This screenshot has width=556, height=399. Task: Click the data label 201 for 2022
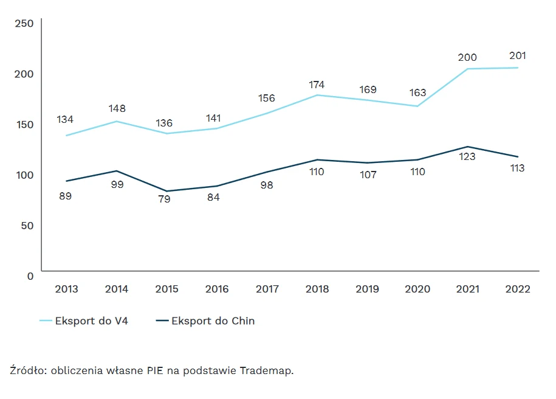click(518, 56)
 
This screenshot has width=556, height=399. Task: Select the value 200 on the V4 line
click(467, 57)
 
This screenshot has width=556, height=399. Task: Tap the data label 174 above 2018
click(317, 85)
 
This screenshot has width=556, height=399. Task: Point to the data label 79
click(164, 199)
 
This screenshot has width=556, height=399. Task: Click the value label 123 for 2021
click(467, 157)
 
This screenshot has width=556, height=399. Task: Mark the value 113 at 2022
click(517, 168)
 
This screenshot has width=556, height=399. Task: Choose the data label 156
click(266, 98)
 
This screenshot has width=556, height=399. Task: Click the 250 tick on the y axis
click(24, 23)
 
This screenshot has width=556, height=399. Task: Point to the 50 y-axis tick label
click(27, 225)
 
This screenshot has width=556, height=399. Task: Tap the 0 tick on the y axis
click(30, 276)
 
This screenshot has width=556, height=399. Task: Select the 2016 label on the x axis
click(217, 289)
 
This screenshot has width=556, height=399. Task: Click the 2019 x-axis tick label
click(367, 289)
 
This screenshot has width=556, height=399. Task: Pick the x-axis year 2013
click(66, 289)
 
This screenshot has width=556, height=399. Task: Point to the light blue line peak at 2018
click(317, 95)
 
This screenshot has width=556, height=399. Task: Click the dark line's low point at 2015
click(166, 191)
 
